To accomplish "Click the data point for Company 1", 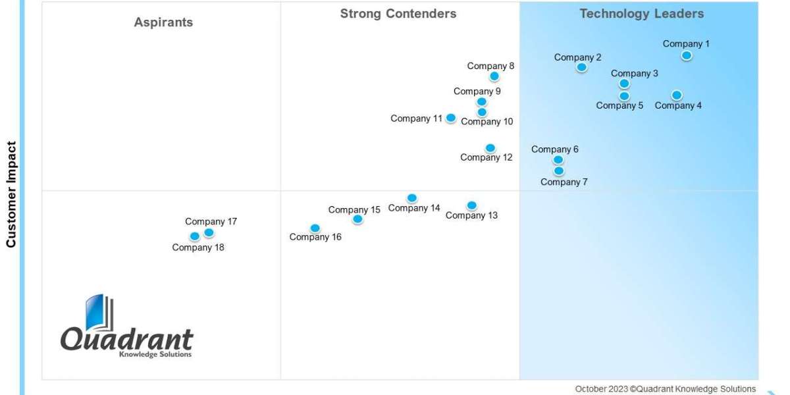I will [x=687, y=55].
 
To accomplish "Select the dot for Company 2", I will [x=581, y=67].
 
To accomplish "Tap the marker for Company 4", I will [x=677, y=95].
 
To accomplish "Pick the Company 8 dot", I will [x=494, y=76].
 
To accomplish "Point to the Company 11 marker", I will [x=451, y=118].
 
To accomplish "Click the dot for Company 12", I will [x=490, y=148].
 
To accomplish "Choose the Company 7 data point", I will [x=558, y=171].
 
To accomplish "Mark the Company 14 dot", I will [x=412, y=198].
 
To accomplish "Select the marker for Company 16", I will [x=315, y=228].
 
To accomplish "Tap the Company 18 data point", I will [x=194, y=236].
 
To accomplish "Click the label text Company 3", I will [x=634, y=73].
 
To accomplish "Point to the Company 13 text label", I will [x=471, y=215].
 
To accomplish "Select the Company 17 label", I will [x=211, y=221].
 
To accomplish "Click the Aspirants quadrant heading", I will [x=163, y=22].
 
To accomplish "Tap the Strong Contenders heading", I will [x=398, y=14].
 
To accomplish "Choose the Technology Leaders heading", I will [x=641, y=14].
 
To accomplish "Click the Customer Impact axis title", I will [x=11, y=194].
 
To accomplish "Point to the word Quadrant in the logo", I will [x=126, y=339].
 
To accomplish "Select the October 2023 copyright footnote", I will [x=665, y=389].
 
